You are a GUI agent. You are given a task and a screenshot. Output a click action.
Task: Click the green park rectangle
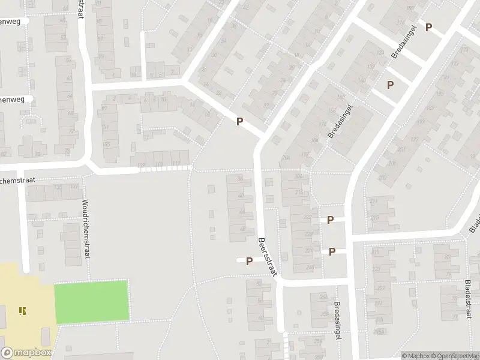tap(92, 300)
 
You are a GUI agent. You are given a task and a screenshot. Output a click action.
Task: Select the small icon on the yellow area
tap(22, 310)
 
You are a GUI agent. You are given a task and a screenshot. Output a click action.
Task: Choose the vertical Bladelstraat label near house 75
tap(467, 299)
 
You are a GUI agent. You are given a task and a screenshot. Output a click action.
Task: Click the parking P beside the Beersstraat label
tap(248, 260)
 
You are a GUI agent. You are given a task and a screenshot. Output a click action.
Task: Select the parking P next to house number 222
tap(330, 220)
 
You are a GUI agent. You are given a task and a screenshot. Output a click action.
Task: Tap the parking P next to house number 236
tap(332, 252)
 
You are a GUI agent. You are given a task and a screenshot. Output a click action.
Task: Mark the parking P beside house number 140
tap(390, 85)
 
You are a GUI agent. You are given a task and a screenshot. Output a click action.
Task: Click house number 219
tap(376, 253)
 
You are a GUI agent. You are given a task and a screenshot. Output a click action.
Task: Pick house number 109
tap(142, 165)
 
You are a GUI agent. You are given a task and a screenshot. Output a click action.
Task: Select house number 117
tap(176, 164)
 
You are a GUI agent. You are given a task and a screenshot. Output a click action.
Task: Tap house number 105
tap(107, 144)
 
